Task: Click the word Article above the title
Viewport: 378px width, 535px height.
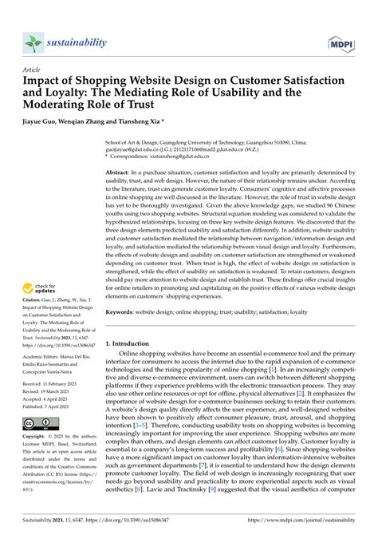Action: click(x=32, y=70)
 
